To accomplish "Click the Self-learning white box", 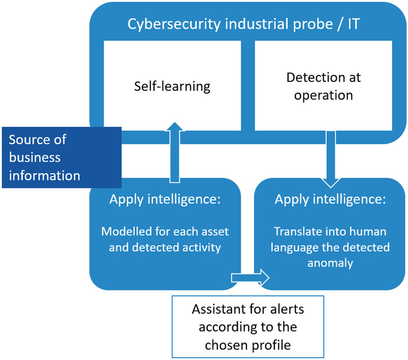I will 172,86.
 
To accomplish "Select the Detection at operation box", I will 324,86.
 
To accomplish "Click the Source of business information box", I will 62,157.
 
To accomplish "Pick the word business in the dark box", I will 35,157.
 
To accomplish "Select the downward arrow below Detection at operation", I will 331,160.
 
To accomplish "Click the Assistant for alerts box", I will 248,326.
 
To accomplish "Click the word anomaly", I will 330,263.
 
